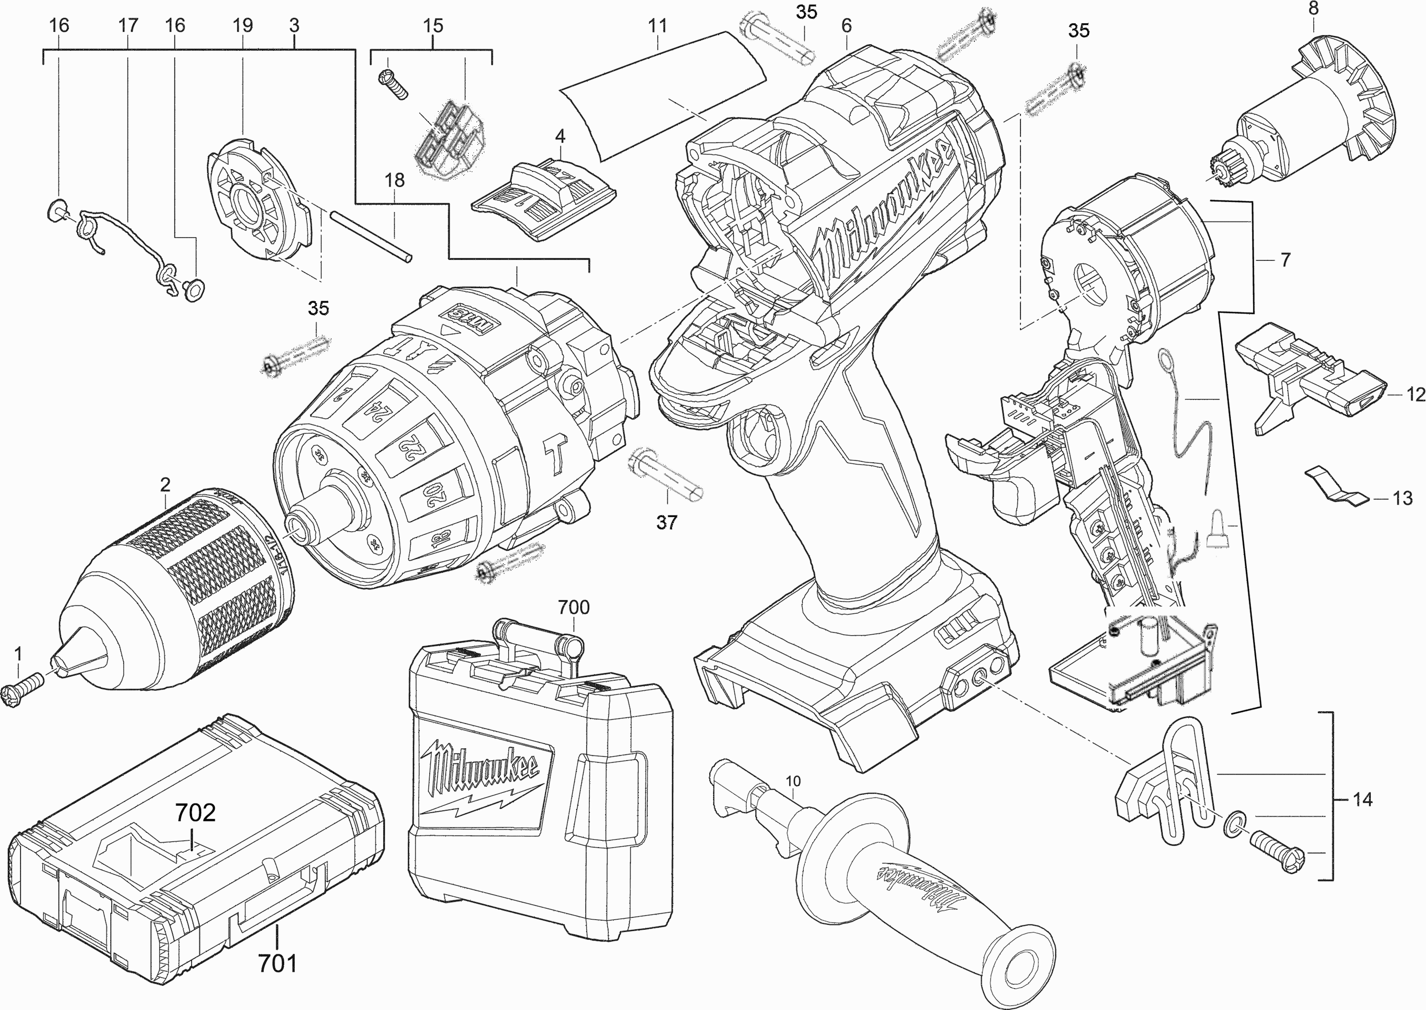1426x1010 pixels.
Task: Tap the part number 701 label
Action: (x=278, y=963)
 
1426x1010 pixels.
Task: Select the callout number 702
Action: (x=195, y=812)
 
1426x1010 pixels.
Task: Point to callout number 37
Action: (x=666, y=523)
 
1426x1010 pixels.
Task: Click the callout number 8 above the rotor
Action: (x=1313, y=10)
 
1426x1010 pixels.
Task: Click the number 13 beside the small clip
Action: (x=1402, y=498)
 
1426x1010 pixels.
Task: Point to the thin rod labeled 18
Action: (x=371, y=236)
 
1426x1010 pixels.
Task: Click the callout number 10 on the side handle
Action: (x=793, y=781)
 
